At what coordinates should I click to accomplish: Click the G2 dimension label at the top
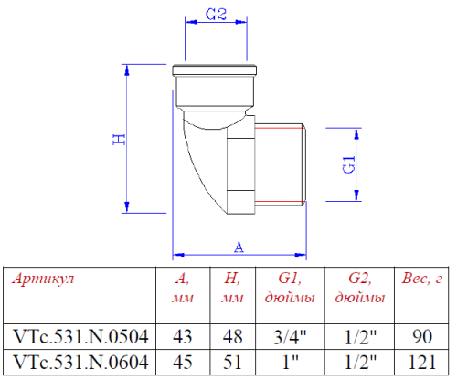click(217, 15)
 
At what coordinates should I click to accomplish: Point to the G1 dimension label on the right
click(347, 165)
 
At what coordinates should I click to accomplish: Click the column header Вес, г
click(422, 280)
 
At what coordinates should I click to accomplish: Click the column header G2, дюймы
click(358, 289)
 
